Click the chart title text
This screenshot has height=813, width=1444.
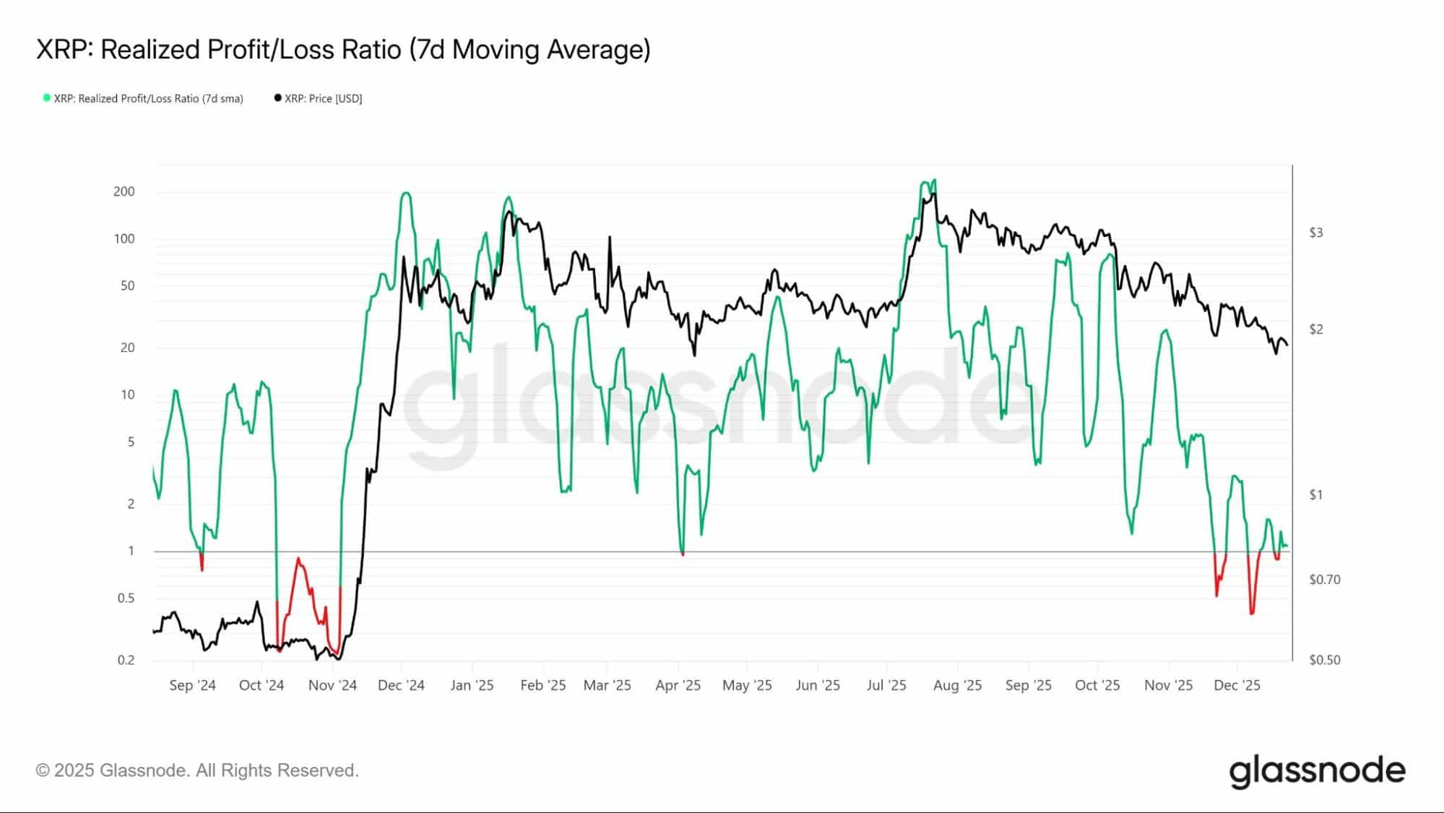tap(343, 49)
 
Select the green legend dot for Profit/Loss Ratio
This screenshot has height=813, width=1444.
tap(47, 98)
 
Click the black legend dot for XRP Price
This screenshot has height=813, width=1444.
tap(278, 98)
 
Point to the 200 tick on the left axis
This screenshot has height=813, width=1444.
tap(124, 192)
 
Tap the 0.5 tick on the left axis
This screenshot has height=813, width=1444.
tap(126, 598)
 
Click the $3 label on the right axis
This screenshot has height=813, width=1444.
tap(1316, 233)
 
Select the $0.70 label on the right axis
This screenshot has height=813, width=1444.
tap(1325, 580)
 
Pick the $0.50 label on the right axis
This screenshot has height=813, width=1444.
tap(1325, 660)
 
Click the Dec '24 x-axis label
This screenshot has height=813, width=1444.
tap(401, 685)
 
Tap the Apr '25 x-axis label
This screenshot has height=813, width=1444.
tap(678, 685)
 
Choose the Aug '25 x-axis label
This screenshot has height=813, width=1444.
tap(957, 685)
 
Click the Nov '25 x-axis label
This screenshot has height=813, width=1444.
tap(1168, 685)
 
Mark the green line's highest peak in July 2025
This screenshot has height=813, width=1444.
tap(935, 180)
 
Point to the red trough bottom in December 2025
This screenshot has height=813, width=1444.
tap(1252, 614)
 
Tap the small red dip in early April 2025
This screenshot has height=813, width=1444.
tap(683, 554)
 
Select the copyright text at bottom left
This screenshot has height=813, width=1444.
tap(197, 770)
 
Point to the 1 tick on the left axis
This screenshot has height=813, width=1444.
tap(131, 551)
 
